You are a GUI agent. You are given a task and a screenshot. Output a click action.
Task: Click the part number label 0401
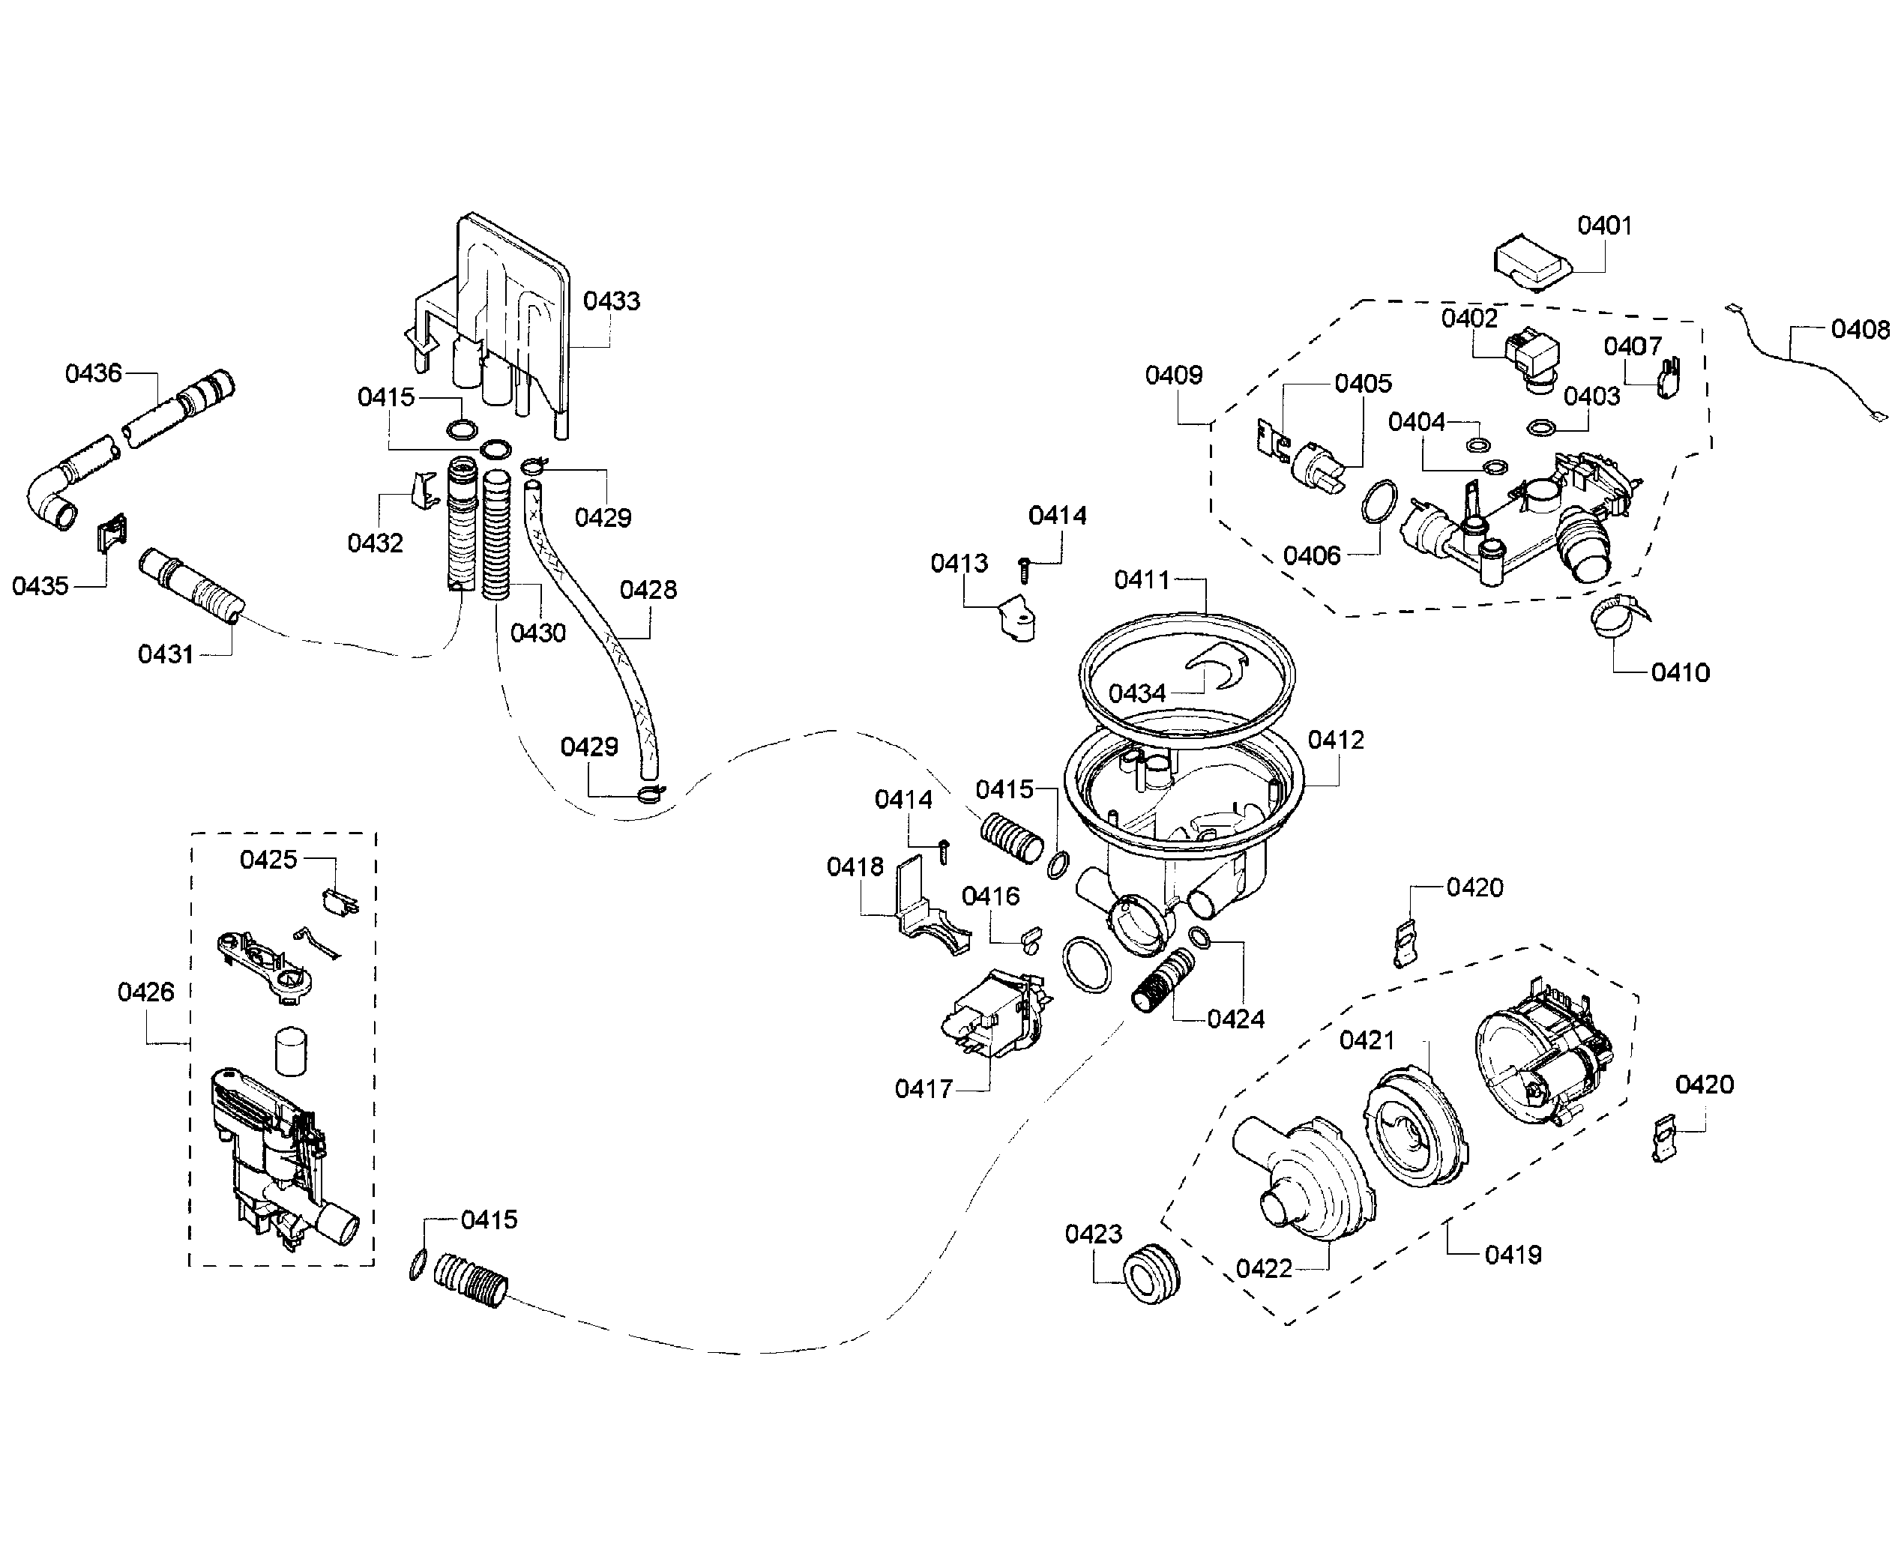point(1604,226)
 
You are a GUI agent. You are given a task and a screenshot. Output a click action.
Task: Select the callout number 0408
point(1860,331)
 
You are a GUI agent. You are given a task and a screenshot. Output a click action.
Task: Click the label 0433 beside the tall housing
point(611,301)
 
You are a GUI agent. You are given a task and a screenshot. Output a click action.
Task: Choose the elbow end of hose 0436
point(49,504)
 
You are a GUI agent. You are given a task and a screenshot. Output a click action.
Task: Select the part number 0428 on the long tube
point(648,591)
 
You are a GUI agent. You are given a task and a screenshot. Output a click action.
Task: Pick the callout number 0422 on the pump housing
point(1263,1269)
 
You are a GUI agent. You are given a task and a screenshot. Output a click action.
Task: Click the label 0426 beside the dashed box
point(145,992)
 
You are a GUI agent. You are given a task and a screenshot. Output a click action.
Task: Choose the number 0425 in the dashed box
point(268,860)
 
